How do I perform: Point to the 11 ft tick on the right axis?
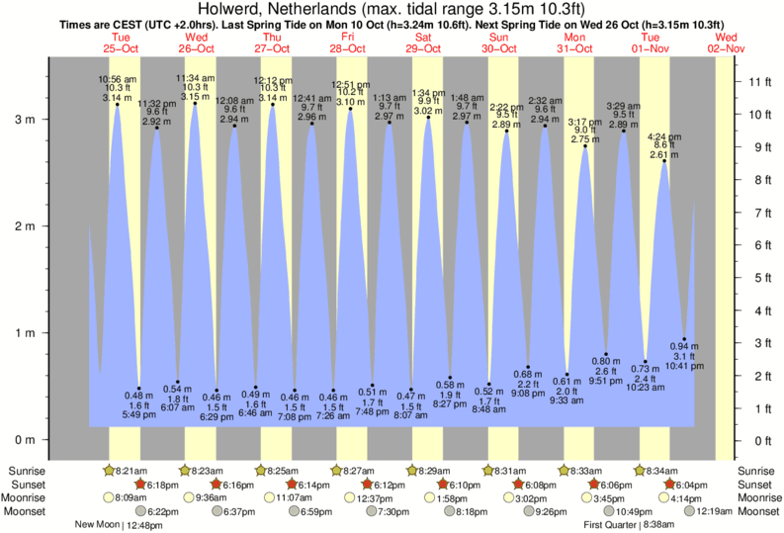pos(757,81)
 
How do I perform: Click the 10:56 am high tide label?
pos(117,79)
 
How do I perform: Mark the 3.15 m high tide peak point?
pos(194,103)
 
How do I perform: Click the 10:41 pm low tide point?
pos(684,339)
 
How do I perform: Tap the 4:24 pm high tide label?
pos(664,135)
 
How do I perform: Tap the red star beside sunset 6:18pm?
pos(139,485)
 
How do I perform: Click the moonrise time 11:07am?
pos(293,497)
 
